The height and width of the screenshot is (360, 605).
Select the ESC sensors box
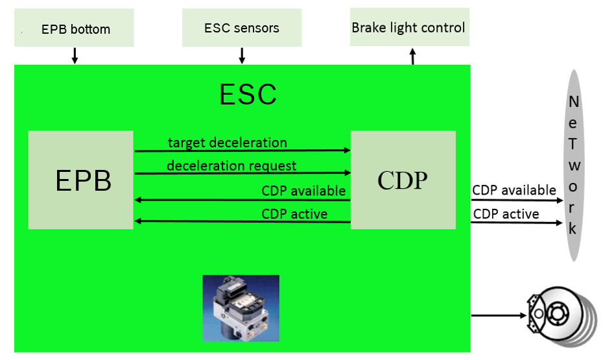coord(242,28)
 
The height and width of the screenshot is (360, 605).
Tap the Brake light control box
coord(409,27)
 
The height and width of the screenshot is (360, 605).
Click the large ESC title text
coord(248,95)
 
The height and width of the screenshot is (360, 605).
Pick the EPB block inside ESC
coord(80,180)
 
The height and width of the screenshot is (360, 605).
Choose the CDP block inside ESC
coord(403,180)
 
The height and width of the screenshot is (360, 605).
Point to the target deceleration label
coord(227,142)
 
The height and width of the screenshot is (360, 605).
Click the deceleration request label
coord(231,165)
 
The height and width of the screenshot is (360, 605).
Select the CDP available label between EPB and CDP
coord(303,191)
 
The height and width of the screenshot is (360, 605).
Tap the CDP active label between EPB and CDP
coord(294,213)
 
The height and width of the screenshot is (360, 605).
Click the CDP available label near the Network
coord(514,190)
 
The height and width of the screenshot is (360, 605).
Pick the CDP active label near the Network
coord(506,213)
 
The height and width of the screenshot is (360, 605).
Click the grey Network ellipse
coord(573,165)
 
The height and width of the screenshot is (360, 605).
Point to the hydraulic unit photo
coord(241,308)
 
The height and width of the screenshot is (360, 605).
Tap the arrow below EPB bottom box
coord(75,56)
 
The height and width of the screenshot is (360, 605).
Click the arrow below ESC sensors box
coord(242,56)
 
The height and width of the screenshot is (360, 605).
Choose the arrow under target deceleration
coord(242,150)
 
